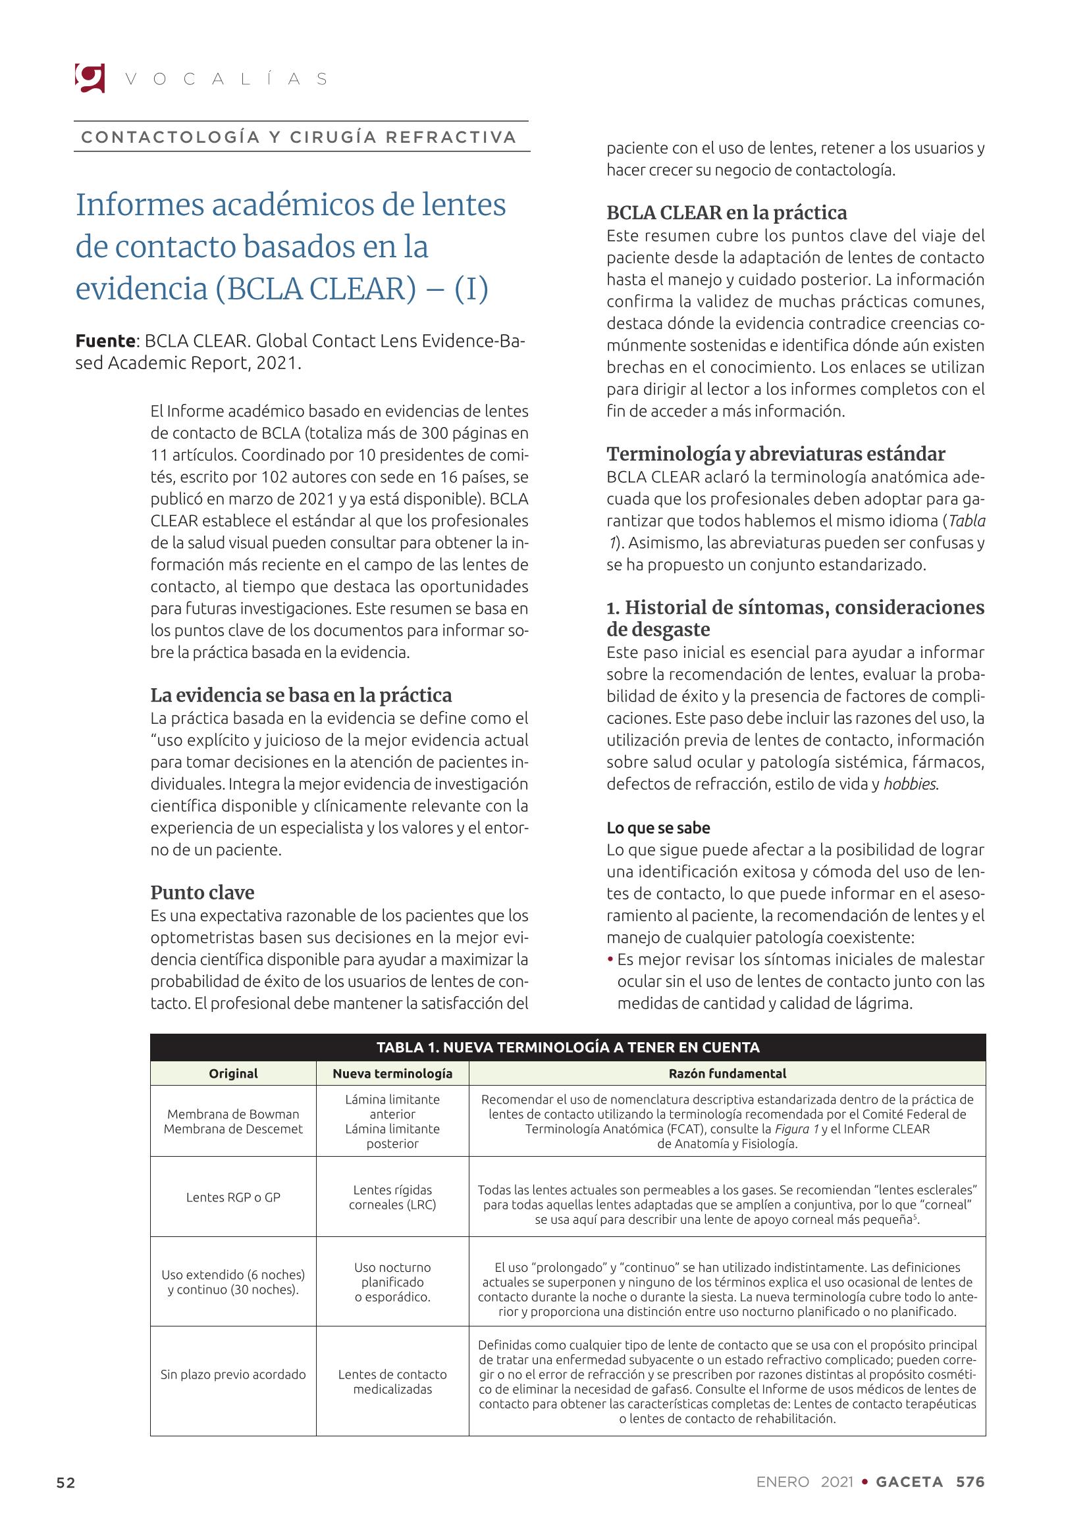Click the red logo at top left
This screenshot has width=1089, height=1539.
tap(89, 78)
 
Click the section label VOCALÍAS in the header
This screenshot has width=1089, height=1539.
tap(226, 79)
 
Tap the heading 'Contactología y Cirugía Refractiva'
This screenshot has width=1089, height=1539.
tap(299, 138)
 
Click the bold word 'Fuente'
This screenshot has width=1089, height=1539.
tap(105, 341)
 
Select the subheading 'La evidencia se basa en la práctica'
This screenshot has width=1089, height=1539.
tap(301, 694)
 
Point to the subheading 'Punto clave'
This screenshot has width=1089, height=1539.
tap(202, 892)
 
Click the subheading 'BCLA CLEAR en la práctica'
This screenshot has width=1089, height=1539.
tap(726, 213)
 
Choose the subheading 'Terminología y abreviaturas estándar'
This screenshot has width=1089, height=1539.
tap(775, 454)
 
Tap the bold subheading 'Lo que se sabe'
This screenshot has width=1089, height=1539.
tap(658, 828)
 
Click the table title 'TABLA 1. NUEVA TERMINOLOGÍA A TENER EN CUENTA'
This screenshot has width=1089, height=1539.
tap(568, 1047)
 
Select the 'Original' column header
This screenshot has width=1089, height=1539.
tap(232, 1073)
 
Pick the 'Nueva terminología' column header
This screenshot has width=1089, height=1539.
tap(392, 1073)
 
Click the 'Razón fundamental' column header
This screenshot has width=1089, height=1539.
tap(727, 1073)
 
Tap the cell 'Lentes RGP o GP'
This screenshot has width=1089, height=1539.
tap(232, 1197)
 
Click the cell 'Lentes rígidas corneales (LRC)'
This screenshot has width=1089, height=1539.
tap(392, 1197)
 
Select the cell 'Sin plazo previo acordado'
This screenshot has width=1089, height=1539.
tap(232, 1374)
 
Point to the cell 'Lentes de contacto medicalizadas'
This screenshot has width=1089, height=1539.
tap(392, 1382)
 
